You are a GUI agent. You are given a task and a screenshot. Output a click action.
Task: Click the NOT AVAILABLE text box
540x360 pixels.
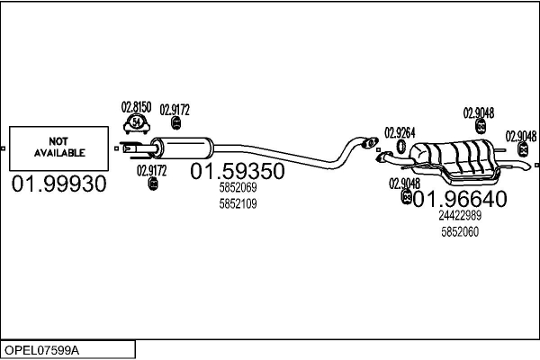[x=58, y=148]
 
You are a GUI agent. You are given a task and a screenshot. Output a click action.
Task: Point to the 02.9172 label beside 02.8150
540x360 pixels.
[x=175, y=110]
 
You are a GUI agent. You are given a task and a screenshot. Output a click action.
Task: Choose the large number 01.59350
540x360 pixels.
[x=238, y=171]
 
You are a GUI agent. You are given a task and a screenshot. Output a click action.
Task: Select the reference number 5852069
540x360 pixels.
[x=238, y=188]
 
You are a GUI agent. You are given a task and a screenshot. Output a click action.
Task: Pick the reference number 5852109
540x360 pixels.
[x=238, y=203]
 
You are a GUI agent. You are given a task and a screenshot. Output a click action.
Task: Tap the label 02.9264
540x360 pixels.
[x=400, y=132]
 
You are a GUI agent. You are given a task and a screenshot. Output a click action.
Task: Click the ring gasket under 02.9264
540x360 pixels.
[x=400, y=147]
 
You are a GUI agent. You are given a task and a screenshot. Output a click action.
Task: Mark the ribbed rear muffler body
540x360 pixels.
[x=459, y=158]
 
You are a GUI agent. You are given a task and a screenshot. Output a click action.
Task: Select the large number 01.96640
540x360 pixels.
[x=460, y=199]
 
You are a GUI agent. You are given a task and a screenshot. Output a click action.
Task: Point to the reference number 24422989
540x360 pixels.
[x=460, y=216]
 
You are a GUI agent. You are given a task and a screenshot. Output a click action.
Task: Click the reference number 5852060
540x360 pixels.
[x=460, y=231]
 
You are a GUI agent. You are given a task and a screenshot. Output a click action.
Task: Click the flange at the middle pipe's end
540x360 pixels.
[x=367, y=141]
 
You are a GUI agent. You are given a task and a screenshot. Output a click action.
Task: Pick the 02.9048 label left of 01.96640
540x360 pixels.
[x=404, y=184]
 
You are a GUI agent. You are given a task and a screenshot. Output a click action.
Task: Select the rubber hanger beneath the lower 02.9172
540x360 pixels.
[x=152, y=184]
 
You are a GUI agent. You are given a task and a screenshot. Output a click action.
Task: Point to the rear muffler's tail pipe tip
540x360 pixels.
[x=526, y=166]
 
